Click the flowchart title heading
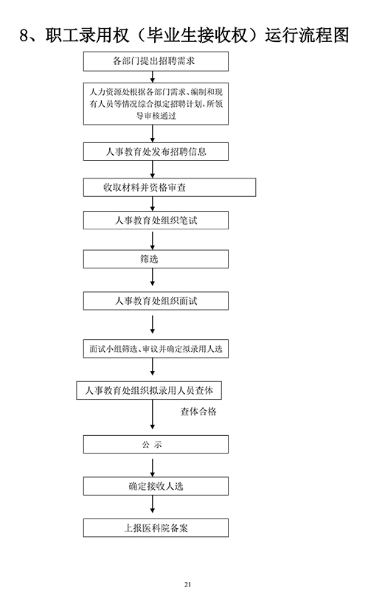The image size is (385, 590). pyautogui.click(x=184, y=35)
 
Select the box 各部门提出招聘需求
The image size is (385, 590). pyautogui.click(x=156, y=61)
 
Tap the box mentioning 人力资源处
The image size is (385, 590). pyautogui.click(x=156, y=104)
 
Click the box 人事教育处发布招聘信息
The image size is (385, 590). pyautogui.click(x=156, y=152)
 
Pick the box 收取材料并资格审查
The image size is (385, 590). pyautogui.click(x=170, y=187)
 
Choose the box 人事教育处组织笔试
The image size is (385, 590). pyautogui.click(x=156, y=220)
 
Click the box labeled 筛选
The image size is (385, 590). pyautogui.click(x=156, y=260)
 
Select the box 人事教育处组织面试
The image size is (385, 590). pyautogui.click(x=156, y=301)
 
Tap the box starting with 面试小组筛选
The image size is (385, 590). pyautogui.click(x=156, y=349)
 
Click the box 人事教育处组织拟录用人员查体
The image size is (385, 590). pyautogui.click(x=149, y=391)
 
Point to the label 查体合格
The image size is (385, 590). pyautogui.click(x=198, y=412)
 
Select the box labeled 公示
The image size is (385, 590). pyautogui.click(x=156, y=445)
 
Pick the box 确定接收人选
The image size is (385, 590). pyautogui.click(x=156, y=486)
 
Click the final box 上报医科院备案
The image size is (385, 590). pyautogui.click(x=156, y=528)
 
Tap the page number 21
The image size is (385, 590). pyautogui.click(x=188, y=584)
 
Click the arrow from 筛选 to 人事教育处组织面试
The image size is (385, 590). pyautogui.click(x=153, y=277)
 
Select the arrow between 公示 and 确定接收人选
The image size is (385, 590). pyautogui.click(x=153, y=468)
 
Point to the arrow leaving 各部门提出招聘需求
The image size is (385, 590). pyautogui.click(x=153, y=77)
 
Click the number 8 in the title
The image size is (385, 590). pyautogui.click(x=24, y=36)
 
